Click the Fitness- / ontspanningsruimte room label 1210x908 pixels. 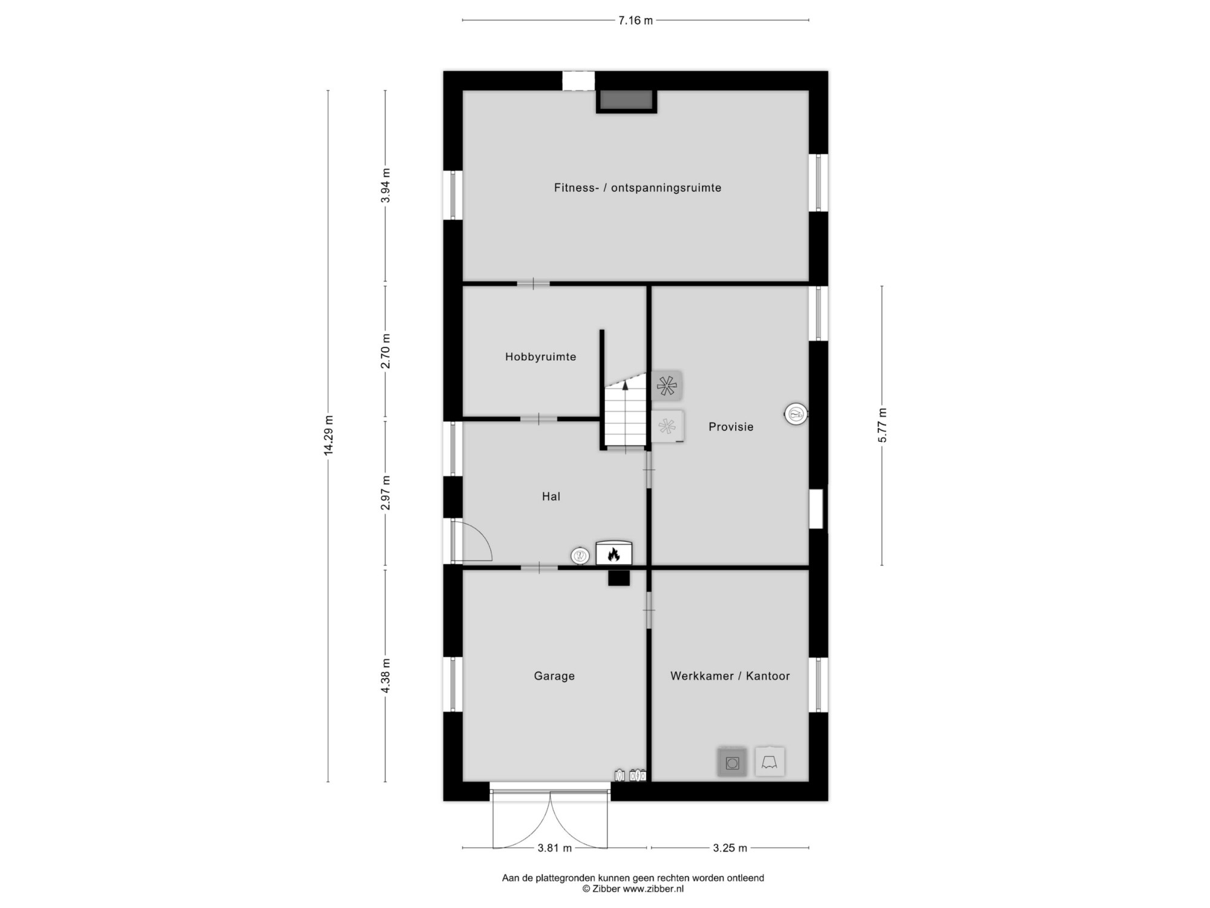click(638, 188)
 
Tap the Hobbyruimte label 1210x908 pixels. click(541, 357)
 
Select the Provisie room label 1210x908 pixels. click(731, 427)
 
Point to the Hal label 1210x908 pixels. click(551, 496)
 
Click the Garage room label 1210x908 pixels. click(554, 676)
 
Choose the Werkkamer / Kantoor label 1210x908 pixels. click(730, 676)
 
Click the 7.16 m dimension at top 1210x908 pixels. click(635, 21)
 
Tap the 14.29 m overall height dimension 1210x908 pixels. click(329, 435)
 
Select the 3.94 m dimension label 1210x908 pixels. click(385, 185)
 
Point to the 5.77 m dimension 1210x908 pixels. click(882, 425)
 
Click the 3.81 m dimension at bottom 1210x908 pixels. click(555, 848)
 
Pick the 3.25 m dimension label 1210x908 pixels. click(730, 848)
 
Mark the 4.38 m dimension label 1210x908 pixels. click(385, 676)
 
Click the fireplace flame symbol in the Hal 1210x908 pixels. click(613, 553)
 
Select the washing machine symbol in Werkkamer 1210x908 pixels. click(732, 763)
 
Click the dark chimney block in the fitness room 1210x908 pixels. click(626, 100)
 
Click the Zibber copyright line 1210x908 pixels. click(633, 889)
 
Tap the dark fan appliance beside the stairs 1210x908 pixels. click(667, 386)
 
